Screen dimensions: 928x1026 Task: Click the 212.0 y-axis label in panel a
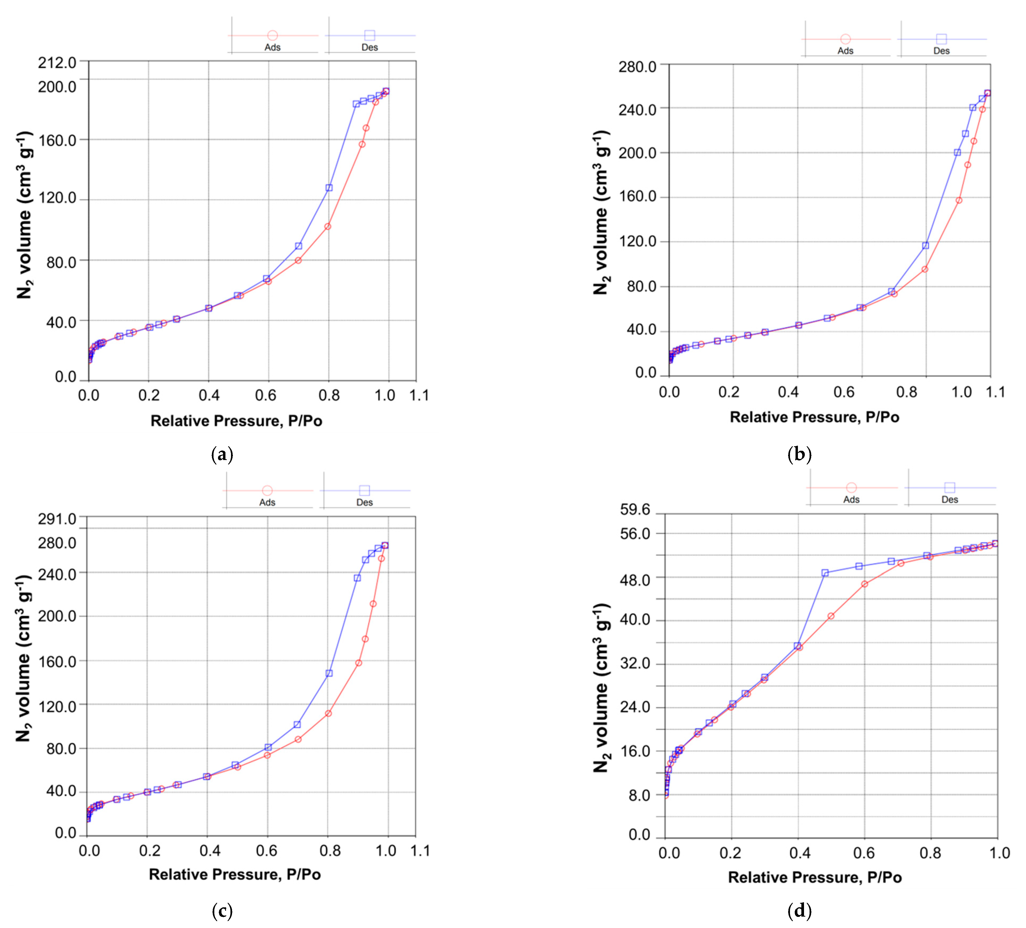point(57,63)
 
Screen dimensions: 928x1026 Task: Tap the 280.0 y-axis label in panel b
point(637,67)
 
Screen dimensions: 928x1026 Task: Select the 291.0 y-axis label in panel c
point(57,519)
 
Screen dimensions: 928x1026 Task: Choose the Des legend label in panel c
point(365,502)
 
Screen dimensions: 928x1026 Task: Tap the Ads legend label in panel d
point(851,500)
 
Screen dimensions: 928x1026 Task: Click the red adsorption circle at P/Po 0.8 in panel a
point(328,227)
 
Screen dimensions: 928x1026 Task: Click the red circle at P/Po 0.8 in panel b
point(925,269)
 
